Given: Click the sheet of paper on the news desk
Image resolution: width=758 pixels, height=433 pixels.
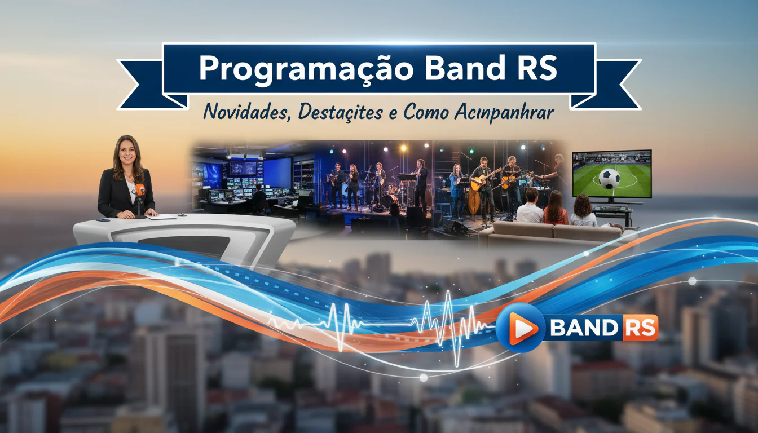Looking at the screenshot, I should pyautogui.click(x=161, y=216).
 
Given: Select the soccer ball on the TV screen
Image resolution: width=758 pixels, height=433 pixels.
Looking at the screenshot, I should pyautogui.click(x=609, y=179).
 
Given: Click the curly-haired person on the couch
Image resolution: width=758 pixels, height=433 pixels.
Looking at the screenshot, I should pyautogui.click(x=584, y=210).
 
